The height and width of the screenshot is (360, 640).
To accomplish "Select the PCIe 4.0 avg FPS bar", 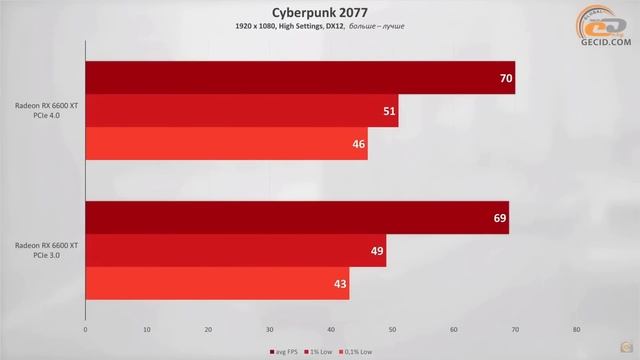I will (x=300, y=77).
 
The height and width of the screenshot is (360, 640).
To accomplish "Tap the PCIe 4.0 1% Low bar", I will (x=241, y=111).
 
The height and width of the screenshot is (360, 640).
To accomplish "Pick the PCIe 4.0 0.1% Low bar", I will (x=226, y=144).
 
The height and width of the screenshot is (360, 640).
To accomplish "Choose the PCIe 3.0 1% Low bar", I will (x=235, y=250).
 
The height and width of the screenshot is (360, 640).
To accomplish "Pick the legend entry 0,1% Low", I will (x=354, y=351).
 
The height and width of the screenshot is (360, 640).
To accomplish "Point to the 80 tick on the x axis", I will (x=576, y=329).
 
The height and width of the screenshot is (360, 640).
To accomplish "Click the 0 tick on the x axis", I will (x=86, y=329).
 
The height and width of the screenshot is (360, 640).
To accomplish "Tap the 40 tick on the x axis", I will (x=331, y=329).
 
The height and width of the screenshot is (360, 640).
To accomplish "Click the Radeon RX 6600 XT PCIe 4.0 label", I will (x=47, y=110).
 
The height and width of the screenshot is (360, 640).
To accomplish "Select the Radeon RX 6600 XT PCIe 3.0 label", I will (x=47, y=250).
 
